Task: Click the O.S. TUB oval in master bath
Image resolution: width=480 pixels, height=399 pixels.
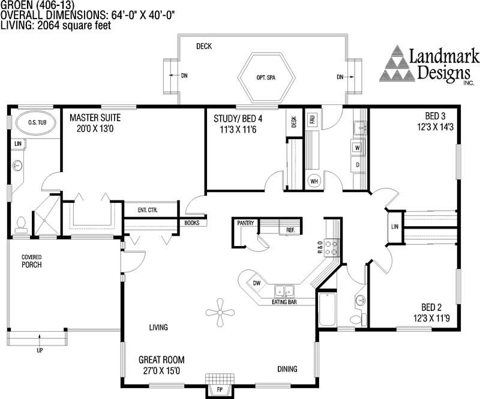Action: click(x=34, y=124)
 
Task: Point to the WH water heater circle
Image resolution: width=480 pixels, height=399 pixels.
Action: click(x=314, y=180)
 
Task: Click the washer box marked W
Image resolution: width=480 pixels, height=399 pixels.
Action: click(x=357, y=147)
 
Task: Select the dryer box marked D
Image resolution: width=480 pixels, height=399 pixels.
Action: click(x=357, y=164)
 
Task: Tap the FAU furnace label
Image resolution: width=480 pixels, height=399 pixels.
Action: click(x=312, y=120)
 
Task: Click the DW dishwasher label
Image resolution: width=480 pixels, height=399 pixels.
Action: click(x=256, y=283)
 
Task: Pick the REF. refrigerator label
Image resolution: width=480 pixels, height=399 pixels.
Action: click(x=290, y=230)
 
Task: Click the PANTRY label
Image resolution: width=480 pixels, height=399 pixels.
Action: click(x=246, y=223)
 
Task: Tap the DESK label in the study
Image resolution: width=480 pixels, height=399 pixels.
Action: click(x=294, y=122)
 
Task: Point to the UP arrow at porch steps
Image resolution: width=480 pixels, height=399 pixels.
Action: click(x=40, y=340)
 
